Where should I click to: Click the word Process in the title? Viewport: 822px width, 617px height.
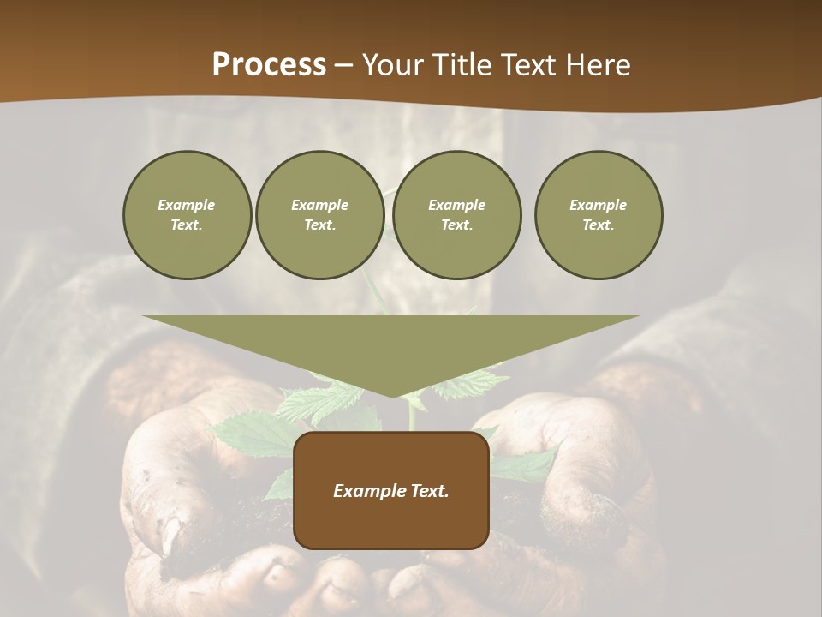click(269, 65)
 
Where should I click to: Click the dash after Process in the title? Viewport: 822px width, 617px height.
click(344, 66)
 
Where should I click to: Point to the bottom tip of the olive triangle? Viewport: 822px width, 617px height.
click(392, 395)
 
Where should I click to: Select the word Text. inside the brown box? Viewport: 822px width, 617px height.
click(428, 491)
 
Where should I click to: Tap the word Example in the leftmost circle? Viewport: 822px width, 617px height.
click(187, 205)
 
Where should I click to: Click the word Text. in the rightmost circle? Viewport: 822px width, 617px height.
click(599, 225)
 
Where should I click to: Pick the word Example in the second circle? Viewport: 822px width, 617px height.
click(320, 205)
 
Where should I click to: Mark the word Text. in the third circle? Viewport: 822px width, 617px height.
click(456, 225)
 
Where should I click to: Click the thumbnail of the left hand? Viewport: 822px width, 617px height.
click(171, 535)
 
